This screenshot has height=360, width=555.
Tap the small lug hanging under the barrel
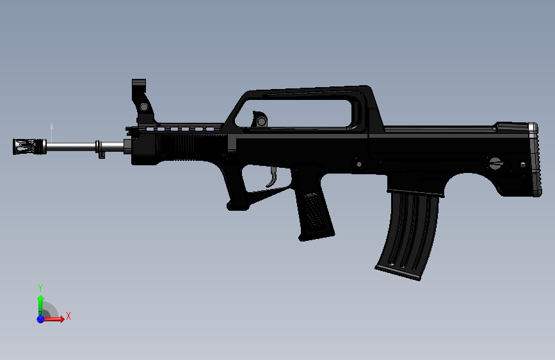pyautogui.click(x=101, y=154)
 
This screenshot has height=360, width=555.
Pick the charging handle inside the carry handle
pyautogui.click(x=260, y=120)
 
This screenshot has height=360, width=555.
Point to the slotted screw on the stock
pyautogui.click(x=495, y=163)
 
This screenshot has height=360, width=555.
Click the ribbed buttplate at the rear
pyautogui.click(x=532, y=160)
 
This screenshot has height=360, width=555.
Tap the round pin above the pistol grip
pyautogui.click(x=358, y=163)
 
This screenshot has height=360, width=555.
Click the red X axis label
pyautogui.click(x=68, y=316)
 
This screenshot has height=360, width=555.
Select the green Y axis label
pyautogui.click(x=40, y=288)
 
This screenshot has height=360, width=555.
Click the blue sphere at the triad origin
pyautogui.click(x=40, y=318)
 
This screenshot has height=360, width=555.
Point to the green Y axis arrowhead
pyautogui.click(x=40, y=299)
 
